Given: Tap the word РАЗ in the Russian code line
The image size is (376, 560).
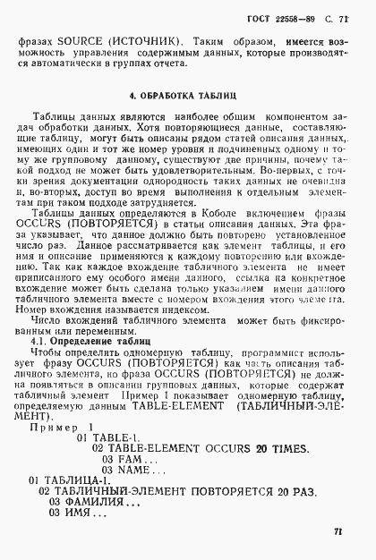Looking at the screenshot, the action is pyautogui.click(x=302, y=491).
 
